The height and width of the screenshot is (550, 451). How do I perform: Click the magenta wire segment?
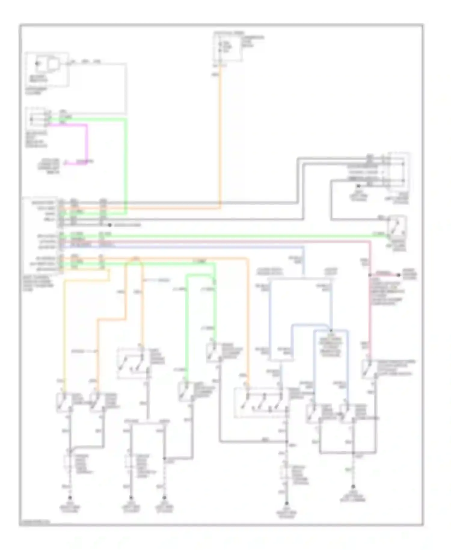(87, 141)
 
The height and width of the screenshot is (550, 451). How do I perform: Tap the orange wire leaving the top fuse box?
(220, 135)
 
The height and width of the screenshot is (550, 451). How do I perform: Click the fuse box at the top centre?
(228, 48)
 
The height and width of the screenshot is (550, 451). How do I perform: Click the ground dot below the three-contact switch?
(287, 503)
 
